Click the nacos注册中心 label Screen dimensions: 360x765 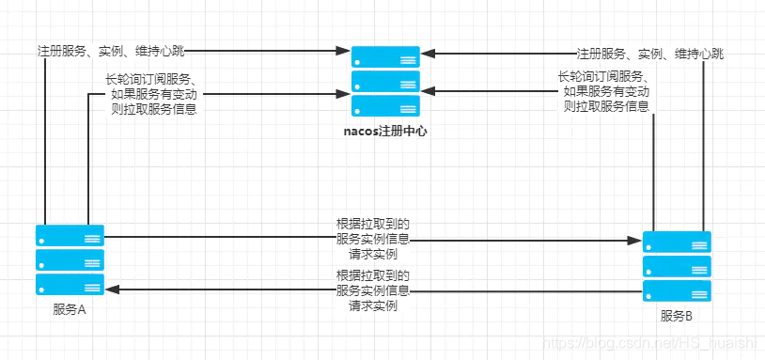point(385,132)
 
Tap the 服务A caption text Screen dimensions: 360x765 point(70,311)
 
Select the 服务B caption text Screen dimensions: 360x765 point(677,316)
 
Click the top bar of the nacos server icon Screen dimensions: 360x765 point(385,56)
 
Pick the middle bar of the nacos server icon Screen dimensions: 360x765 point(385,80)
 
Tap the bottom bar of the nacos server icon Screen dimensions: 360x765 point(385,104)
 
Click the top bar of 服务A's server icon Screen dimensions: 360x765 point(70,235)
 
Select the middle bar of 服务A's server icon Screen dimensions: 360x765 point(70,259)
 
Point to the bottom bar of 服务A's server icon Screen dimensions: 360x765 point(70,284)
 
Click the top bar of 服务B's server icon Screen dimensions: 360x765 point(677,242)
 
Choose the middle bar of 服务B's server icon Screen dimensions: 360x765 point(677,266)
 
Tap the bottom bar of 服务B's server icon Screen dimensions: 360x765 point(677,290)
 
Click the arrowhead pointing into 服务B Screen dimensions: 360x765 point(635,241)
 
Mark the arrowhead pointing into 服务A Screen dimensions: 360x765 point(111,290)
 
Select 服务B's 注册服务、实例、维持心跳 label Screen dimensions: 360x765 point(649,54)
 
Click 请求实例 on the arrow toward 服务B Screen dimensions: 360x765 point(373,255)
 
